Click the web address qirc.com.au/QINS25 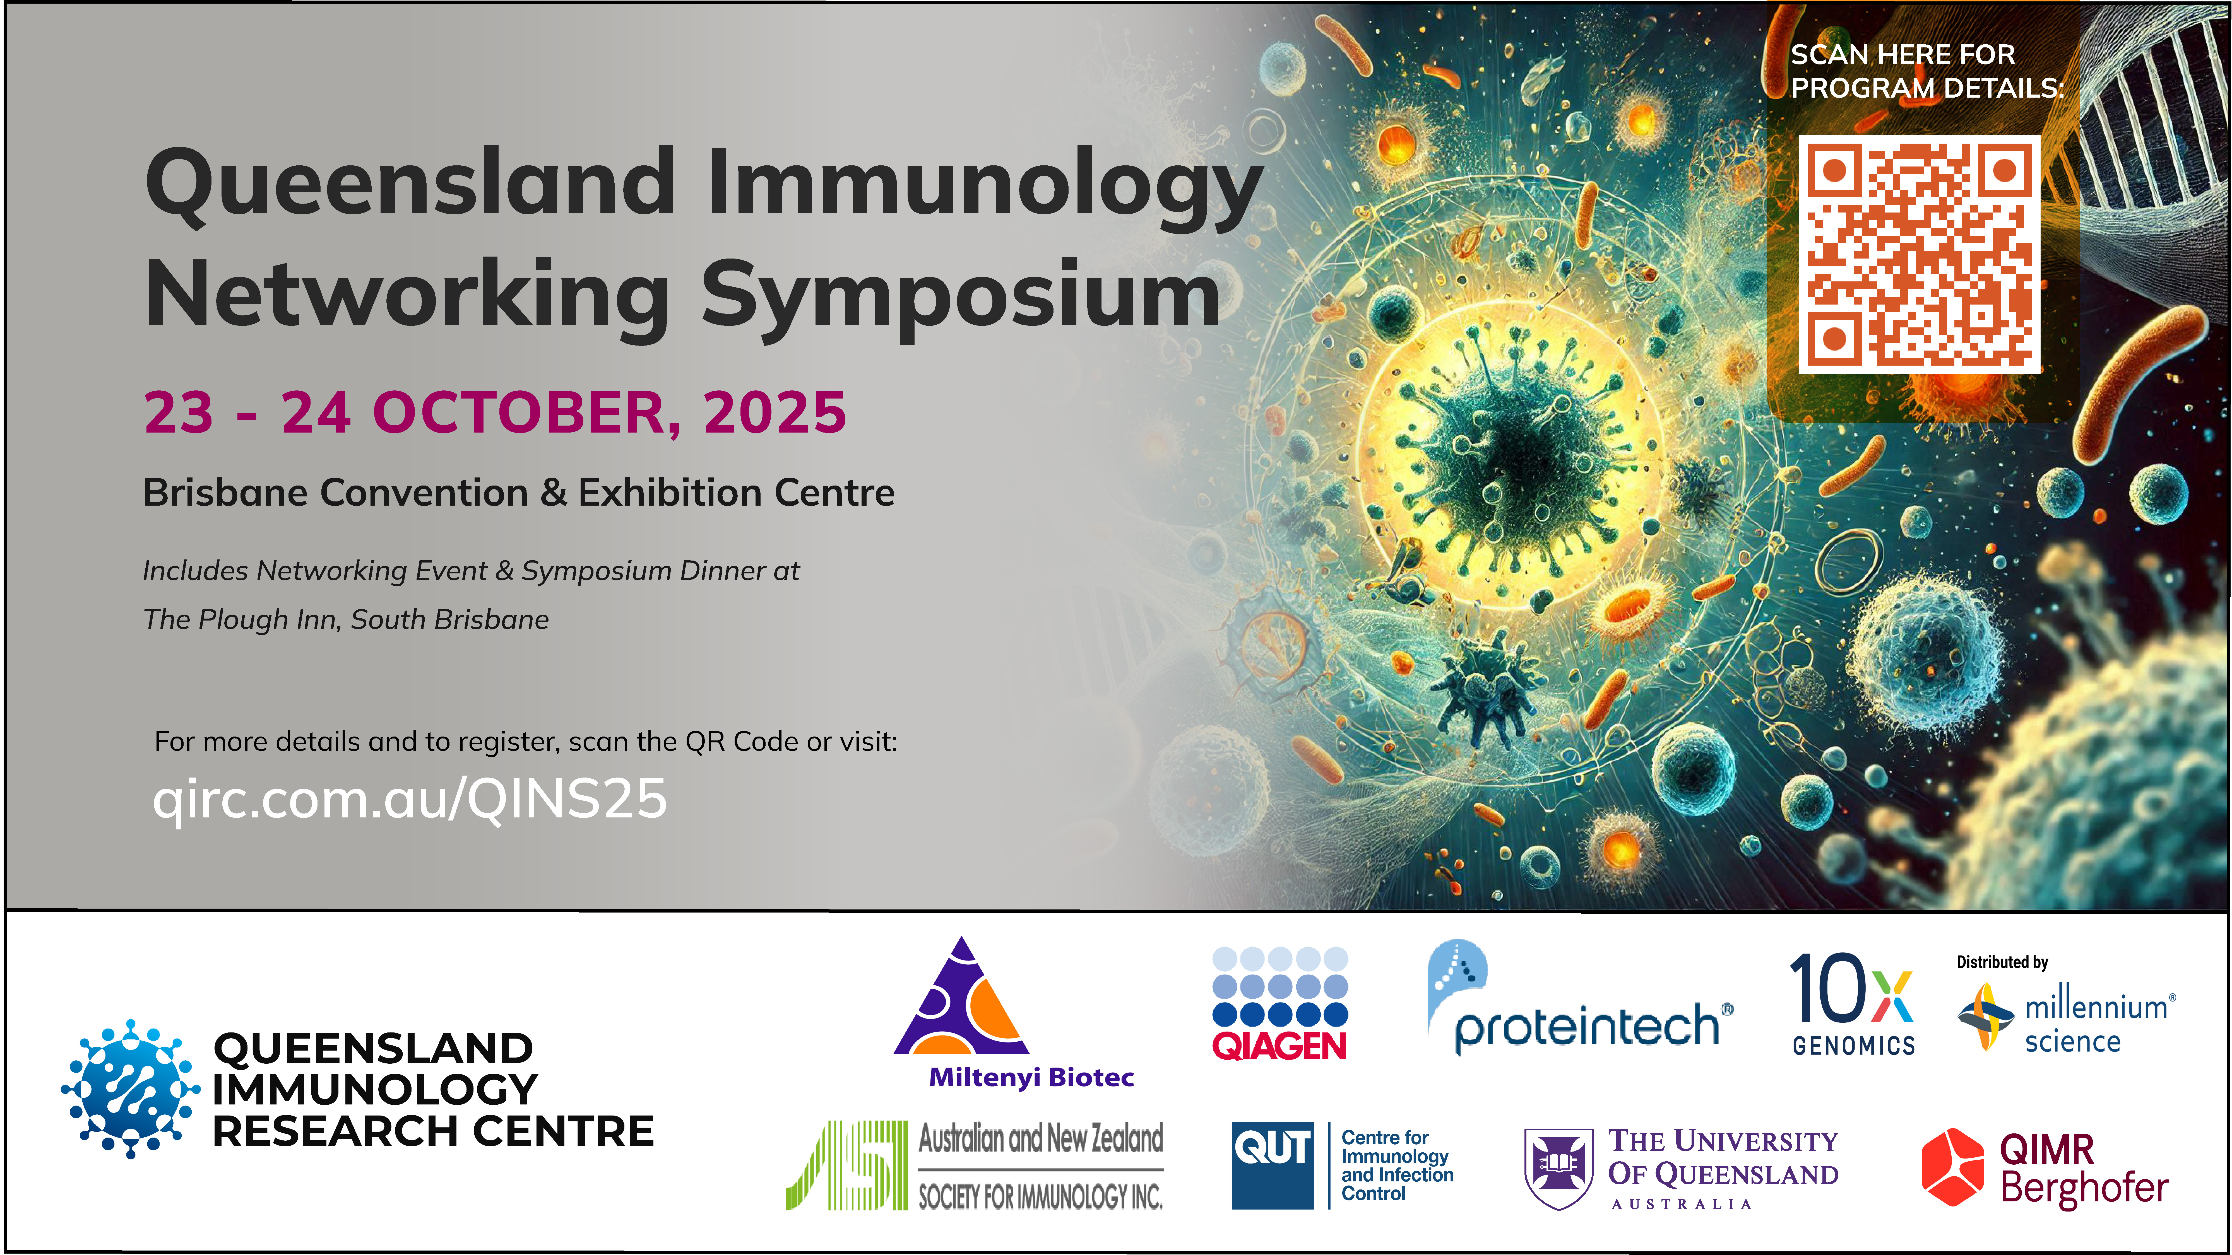click(x=410, y=798)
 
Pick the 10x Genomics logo click(x=1853, y=1005)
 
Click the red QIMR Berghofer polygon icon click(x=1952, y=1167)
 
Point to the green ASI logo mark click(x=846, y=1165)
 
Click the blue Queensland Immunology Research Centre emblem click(x=130, y=1089)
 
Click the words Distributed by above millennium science click(x=2002, y=962)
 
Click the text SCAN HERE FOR click(x=1903, y=55)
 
